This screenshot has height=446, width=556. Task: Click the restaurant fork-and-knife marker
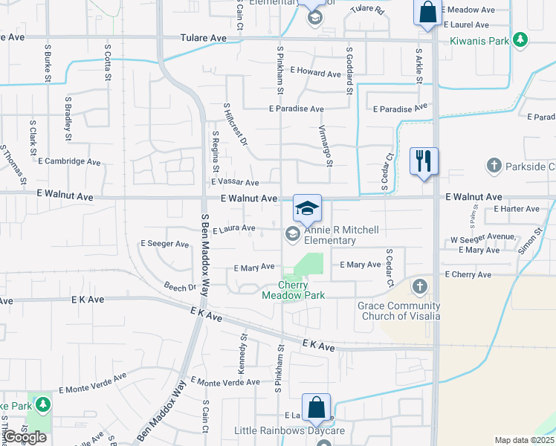tap(424, 161)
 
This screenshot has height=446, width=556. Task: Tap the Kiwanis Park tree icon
tap(522, 40)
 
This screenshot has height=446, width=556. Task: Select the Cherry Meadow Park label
tap(293, 290)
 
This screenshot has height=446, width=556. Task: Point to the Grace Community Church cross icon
tap(420, 286)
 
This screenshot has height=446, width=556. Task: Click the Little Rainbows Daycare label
tap(289, 431)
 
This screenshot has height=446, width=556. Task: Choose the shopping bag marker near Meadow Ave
tap(427, 13)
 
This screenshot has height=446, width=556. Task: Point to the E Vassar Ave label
tap(235, 182)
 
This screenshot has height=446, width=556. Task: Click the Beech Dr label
tap(181, 287)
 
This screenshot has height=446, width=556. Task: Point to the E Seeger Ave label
tap(164, 244)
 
